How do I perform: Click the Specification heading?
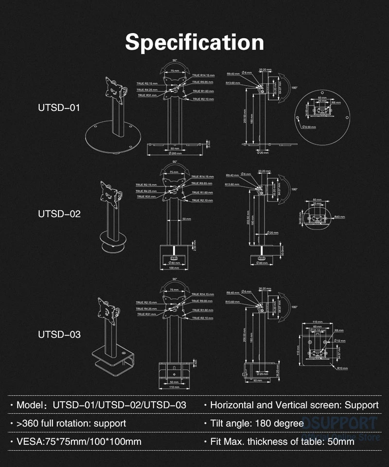[194, 42]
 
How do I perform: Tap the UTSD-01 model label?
[59, 108]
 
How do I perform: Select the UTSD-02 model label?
[59, 214]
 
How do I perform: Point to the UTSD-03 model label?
[59, 335]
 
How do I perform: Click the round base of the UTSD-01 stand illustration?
[109, 138]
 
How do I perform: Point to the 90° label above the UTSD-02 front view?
[175, 162]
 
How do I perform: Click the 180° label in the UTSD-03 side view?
[294, 307]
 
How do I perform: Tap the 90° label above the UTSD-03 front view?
[175, 279]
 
